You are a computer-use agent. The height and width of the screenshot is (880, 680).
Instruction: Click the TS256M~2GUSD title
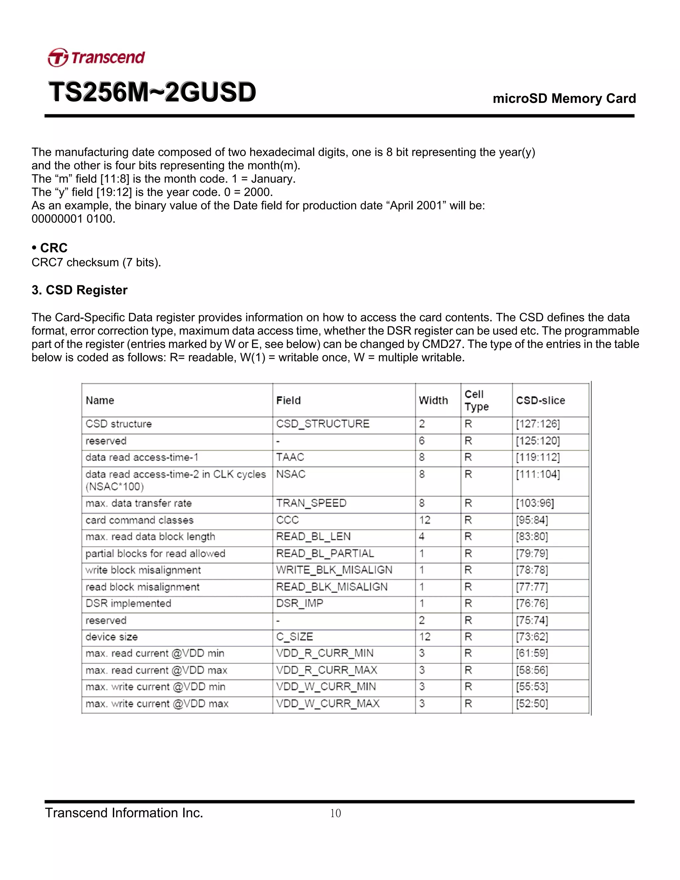click(152, 92)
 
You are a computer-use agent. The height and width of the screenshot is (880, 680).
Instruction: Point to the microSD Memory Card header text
click(564, 98)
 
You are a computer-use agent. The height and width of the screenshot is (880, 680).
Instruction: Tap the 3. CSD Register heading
click(79, 290)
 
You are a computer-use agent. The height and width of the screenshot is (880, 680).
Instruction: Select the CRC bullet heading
click(49, 247)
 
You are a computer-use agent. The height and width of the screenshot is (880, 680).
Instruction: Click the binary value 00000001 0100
click(73, 219)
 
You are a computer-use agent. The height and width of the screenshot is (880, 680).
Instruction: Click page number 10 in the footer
click(335, 813)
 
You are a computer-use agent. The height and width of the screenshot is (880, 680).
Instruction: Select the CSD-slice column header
click(540, 400)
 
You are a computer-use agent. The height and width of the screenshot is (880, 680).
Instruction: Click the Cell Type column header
click(476, 400)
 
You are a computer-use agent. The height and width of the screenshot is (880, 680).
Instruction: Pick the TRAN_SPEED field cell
click(311, 503)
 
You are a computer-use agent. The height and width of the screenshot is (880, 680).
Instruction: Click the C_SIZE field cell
click(295, 637)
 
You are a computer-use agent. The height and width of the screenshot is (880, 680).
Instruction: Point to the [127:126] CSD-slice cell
click(538, 424)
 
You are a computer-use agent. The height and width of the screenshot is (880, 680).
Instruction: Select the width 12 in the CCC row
click(425, 520)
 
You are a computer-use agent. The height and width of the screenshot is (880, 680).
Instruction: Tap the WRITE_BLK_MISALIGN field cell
click(334, 570)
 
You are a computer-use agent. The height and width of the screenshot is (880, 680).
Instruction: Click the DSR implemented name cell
click(128, 603)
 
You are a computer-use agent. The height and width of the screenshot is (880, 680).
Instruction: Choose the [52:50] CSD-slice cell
click(532, 704)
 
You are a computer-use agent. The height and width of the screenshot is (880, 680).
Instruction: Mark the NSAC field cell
click(291, 474)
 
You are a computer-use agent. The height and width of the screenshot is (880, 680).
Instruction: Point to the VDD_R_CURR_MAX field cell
click(326, 670)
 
